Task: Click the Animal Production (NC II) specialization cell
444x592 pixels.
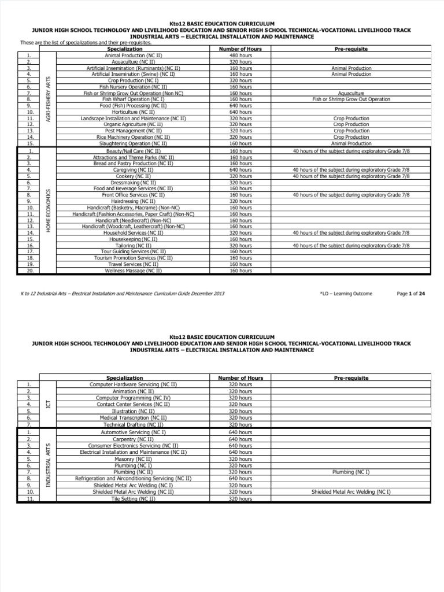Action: point(133,55)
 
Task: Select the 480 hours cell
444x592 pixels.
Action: point(240,55)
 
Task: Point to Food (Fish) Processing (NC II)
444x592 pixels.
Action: point(133,106)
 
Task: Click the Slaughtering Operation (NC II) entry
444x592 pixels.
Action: point(133,143)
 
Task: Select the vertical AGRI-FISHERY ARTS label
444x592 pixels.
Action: point(48,98)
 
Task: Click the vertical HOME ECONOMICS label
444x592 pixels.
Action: point(48,211)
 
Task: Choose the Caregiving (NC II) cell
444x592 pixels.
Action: point(133,170)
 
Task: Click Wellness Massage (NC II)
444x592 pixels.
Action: point(133,271)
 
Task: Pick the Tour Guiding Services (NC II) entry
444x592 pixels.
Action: point(133,251)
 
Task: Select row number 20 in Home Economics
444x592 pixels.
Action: point(29,271)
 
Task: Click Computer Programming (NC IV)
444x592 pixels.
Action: point(133,398)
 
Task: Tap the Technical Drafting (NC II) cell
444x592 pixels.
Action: point(133,424)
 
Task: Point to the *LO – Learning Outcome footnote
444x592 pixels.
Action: point(346,294)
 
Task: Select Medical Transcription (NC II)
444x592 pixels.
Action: point(133,417)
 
